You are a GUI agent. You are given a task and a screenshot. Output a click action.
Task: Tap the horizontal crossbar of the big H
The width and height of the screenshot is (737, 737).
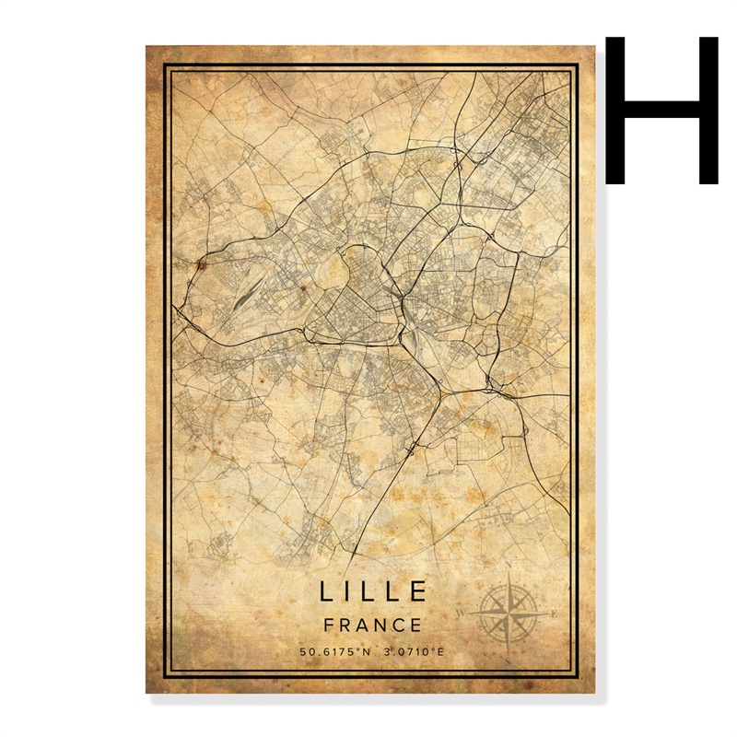click(x=661, y=108)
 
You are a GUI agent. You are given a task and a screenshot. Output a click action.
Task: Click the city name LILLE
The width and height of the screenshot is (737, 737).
click(x=374, y=591)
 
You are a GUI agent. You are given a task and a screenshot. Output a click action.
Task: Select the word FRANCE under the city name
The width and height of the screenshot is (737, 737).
click(x=374, y=625)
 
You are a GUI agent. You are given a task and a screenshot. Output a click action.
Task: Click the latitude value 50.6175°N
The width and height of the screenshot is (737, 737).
click(x=334, y=652)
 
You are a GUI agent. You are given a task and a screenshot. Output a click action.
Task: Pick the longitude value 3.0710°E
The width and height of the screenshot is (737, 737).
click(x=415, y=652)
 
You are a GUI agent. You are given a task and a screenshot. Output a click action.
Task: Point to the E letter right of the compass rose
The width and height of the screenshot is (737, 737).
click(x=553, y=613)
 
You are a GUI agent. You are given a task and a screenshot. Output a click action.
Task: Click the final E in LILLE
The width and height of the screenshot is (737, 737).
click(x=419, y=591)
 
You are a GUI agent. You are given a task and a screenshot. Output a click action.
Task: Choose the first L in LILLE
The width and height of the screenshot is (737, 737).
click(x=329, y=591)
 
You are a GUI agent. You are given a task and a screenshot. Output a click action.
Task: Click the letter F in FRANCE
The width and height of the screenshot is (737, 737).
click(x=330, y=625)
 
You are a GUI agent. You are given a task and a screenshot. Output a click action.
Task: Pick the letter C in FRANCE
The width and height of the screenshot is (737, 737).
click(x=399, y=625)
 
